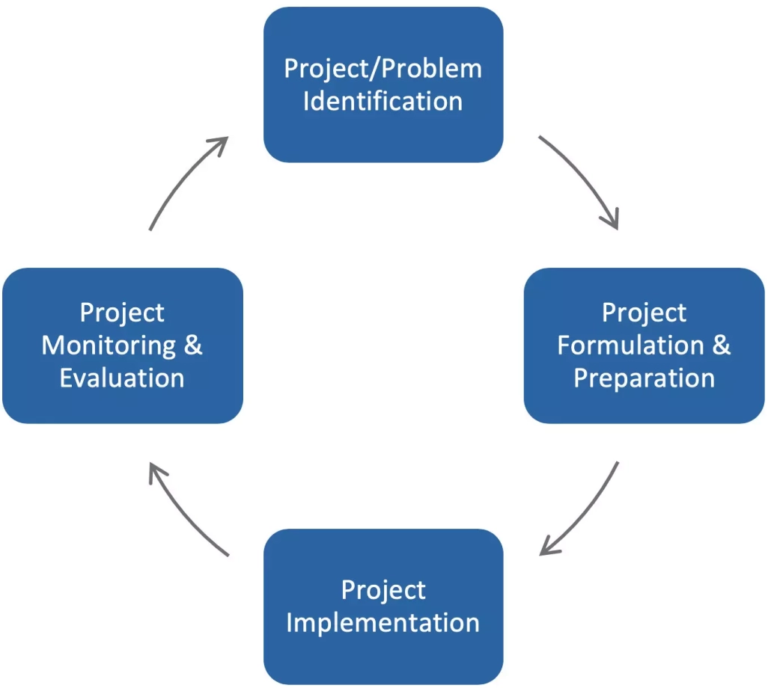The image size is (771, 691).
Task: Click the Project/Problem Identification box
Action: [x=383, y=85]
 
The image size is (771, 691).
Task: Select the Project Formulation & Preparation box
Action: [x=644, y=345]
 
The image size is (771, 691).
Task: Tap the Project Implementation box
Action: [x=383, y=606]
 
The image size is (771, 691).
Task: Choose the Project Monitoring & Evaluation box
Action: [x=123, y=345]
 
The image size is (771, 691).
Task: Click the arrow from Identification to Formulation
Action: [x=585, y=176]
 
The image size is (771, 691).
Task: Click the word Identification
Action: [x=383, y=101]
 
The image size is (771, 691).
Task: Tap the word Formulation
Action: [x=630, y=345]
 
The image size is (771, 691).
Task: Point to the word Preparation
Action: [x=644, y=378]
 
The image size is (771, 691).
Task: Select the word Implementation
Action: [x=383, y=623]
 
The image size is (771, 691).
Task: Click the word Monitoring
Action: [x=109, y=345]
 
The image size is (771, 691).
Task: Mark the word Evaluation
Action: [x=122, y=378]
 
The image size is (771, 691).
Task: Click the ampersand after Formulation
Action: [x=722, y=345]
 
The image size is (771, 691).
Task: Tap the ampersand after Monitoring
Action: [x=193, y=345]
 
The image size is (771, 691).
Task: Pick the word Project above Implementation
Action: [x=383, y=590]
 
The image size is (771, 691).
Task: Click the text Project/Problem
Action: [x=383, y=69]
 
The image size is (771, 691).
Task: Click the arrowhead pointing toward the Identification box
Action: [x=219, y=146]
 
